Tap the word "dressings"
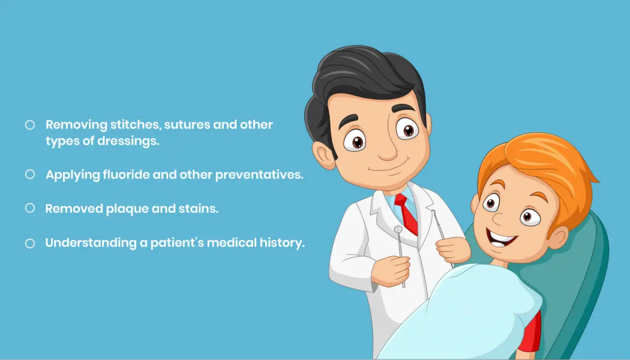pyautogui.click(x=128, y=141)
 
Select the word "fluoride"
pyautogui.click(x=126, y=174)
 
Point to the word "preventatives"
pyautogui.click(x=259, y=175)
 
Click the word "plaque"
pyautogui.click(x=127, y=209)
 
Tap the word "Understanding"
pyautogui.click(x=91, y=243)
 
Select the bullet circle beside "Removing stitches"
pyautogui.click(x=30, y=125)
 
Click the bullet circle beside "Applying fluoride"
pyautogui.click(x=30, y=174)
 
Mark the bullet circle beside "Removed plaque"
pyautogui.click(x=30, y=208)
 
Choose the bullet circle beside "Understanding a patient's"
pyautogui.click(x=30, y=243)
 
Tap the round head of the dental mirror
pyautogui.click(x=398, y=229)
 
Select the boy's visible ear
pyautogui.click(x=558, y=238)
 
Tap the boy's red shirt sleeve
pyautogui.click(x=531, y=332)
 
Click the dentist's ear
pyautogui.click(x=323, y=155)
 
